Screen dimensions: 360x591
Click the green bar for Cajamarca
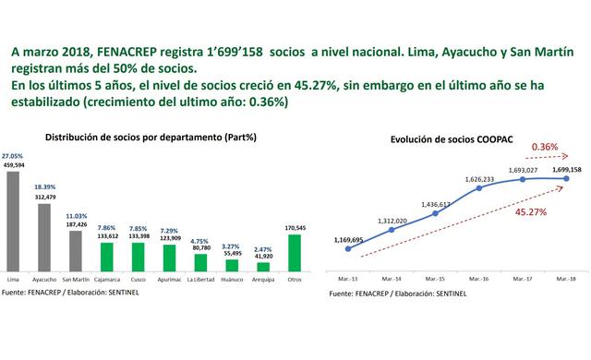tap(108, 257)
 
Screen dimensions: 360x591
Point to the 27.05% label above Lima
tap(12, 157)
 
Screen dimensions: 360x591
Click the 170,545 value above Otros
tap(295, 227)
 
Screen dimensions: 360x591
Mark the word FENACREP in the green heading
tap(117, 52)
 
